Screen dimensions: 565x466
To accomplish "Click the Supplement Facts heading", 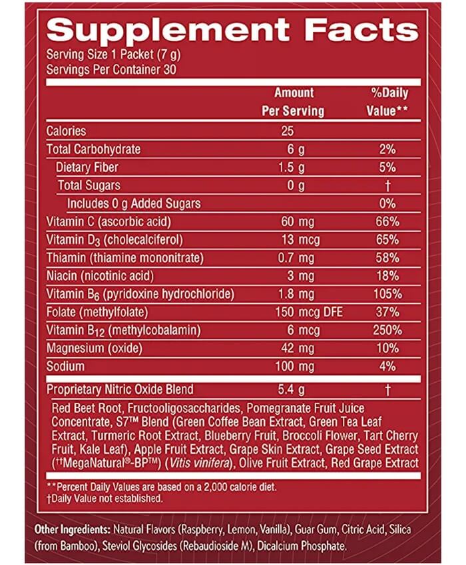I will [233, 29].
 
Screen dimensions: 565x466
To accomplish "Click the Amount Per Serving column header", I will [293, 102].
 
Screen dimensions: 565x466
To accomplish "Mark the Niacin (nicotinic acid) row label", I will [110, 276].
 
